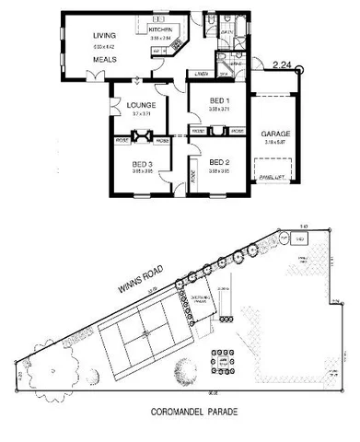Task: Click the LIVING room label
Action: [x=103, y=37]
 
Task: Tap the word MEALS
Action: [x=103, y=60]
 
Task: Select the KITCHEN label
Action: [x=161, y=30]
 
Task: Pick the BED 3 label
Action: [x=141, y=162]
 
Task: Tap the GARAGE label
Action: [x=275, y=134]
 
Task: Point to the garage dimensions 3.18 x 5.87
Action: [x=275, y=143]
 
